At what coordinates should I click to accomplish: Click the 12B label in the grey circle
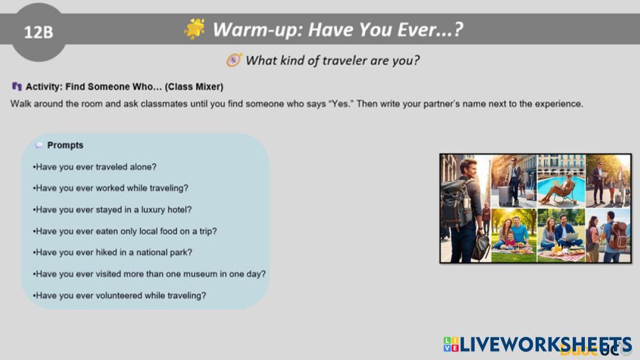coord(38,32)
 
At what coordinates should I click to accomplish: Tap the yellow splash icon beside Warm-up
coord(194,29)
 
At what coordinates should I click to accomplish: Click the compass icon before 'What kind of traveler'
coord(234,60)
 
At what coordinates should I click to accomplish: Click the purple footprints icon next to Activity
coord(17,86)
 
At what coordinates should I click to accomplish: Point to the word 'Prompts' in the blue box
coord(65,145)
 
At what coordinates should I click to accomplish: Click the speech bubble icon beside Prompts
coord(39,145)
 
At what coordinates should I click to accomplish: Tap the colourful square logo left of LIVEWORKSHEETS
coord(451,344)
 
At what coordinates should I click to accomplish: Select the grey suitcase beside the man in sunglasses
coord(505,195)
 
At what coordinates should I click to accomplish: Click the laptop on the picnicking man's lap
coord(571,237)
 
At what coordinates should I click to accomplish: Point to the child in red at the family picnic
coord(510,240)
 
